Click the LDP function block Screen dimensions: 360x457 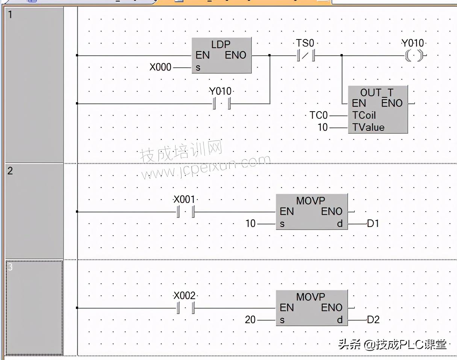point(221,55)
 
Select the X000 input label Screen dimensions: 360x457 point(160,68)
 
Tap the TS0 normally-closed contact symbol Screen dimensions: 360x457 point(305,56)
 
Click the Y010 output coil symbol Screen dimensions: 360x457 point(413,56)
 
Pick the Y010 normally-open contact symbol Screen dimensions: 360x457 point(221,103)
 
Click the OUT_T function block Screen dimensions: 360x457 point(377,109)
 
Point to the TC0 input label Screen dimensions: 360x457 point(318,115)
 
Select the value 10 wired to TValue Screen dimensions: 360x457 point(322,127)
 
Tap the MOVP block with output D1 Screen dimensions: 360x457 point(312,212)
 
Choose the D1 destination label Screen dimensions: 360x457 point(373,224)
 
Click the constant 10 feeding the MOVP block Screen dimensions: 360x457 point(250,224)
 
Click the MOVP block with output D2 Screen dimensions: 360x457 point(312,307)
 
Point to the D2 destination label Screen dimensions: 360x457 point(373,320)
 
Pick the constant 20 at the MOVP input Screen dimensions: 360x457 point(250,320)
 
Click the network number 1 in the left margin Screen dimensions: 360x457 point(11,15)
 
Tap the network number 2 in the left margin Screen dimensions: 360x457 point(11,171)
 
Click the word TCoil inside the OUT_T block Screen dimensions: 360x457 point(364,115)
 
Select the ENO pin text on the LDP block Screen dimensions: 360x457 point(236,56)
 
